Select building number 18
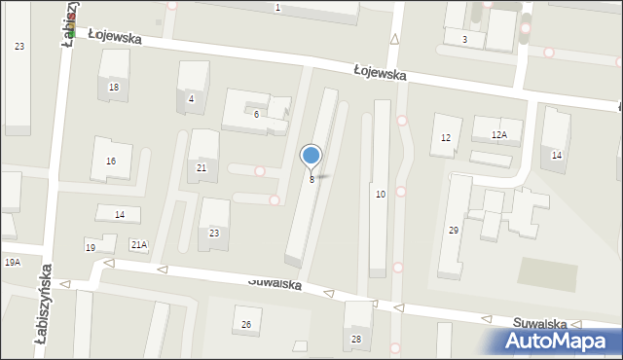114,88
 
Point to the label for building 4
192,98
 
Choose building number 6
256,115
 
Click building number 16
111,161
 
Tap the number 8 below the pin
311,180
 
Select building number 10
381,195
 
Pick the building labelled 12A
499,135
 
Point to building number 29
454,230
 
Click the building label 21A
139,244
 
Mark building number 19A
12,263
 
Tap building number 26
246,324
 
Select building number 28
356,339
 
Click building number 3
464,39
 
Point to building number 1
277,8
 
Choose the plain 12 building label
446,138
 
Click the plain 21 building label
202,168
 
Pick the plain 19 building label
91,248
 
